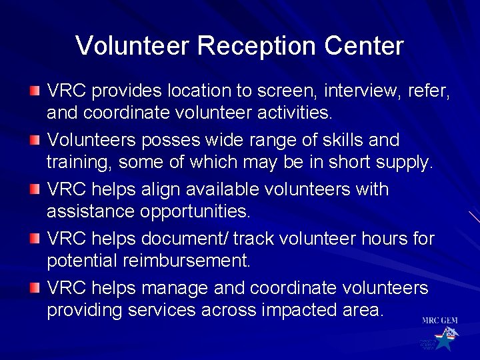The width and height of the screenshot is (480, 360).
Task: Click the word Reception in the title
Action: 257,46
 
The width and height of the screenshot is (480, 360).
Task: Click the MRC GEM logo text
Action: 439,321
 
